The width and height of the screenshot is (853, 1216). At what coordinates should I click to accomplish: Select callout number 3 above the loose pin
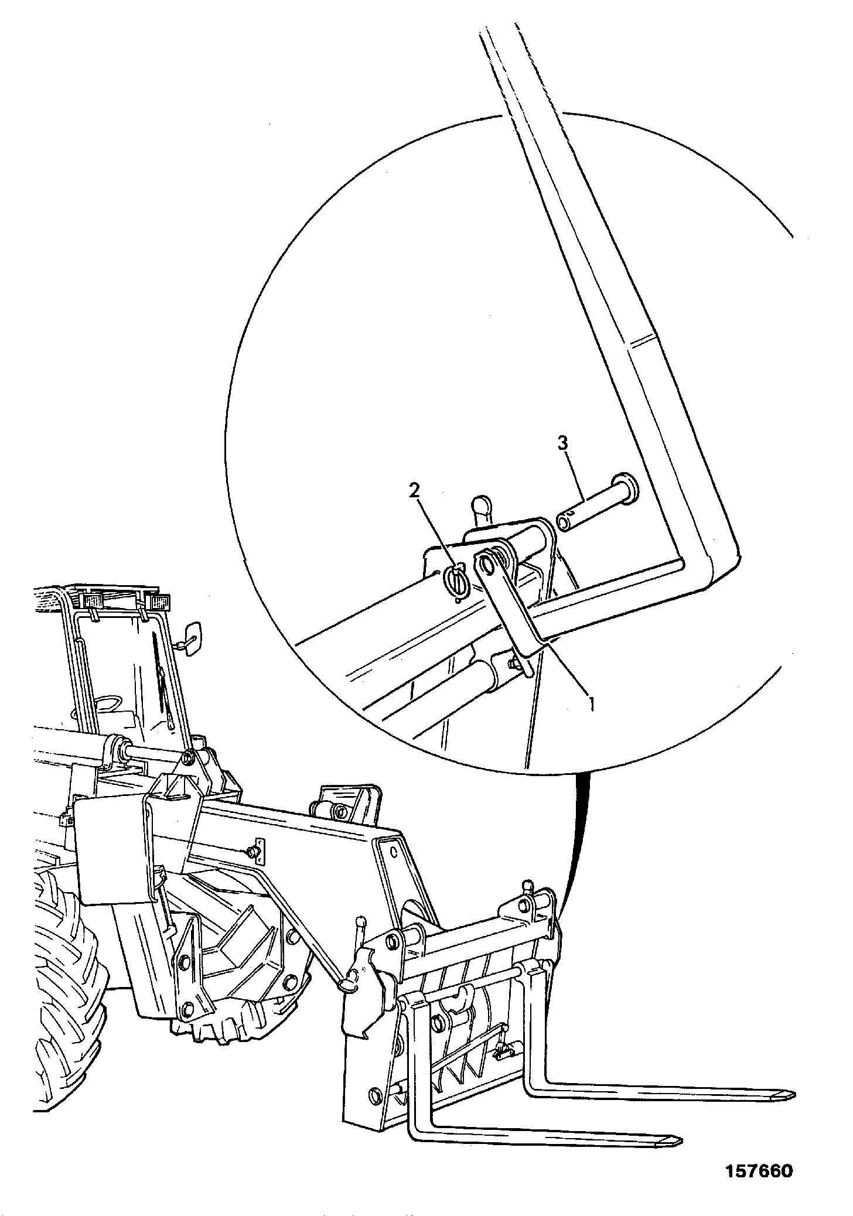click(562, 443)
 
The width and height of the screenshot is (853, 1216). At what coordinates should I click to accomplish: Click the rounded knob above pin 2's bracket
click(481, 506)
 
